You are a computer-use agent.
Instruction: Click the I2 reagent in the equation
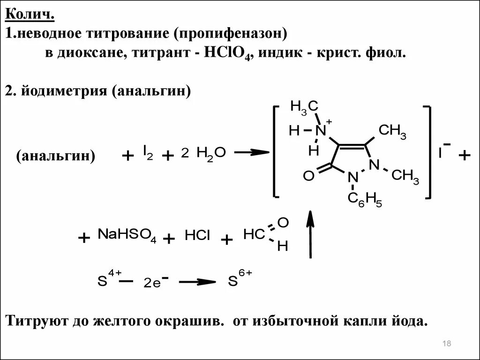click(x=148, y=152)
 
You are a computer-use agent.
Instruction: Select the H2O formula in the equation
click(x=211, y=152)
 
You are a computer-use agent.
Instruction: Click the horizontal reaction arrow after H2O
click(x=251, y=152)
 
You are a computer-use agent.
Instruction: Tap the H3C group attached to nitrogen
click(x=304, y=106)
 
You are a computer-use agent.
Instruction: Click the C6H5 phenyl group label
click(x=364, y=199)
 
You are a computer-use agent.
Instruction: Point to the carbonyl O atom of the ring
click(x=308, y=176)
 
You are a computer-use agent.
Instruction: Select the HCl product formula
click(x=197, y=236)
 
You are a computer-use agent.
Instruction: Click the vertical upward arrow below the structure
click(x=309, y=234)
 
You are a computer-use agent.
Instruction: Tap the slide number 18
click(x=446, y=345)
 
